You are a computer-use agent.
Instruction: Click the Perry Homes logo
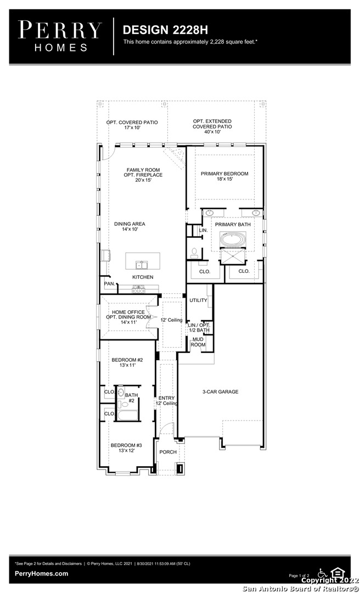tap(60, 36)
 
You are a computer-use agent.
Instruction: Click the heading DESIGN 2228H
tap(165, 30)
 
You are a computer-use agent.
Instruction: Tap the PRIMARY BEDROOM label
tap(224, 174)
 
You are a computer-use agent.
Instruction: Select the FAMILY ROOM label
tap(143, 170)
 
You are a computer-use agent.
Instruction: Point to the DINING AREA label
tap(130, 224)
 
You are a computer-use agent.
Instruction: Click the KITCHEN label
tap(143, 277)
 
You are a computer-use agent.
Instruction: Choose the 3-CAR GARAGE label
tap(221, 392)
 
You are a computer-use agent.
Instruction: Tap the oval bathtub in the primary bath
tap(233, 239)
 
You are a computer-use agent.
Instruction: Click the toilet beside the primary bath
tap(194, 253)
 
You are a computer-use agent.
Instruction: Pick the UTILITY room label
tap(198, 300)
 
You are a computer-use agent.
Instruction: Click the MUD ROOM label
tap(198, 342)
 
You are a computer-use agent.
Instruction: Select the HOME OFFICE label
tap(128, 312)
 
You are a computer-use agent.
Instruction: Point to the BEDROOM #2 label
tap(127, 360)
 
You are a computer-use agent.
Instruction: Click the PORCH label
tap(168, 452)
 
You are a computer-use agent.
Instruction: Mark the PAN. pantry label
tap(110, 284)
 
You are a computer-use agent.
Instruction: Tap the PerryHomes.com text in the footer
tap(42, 573)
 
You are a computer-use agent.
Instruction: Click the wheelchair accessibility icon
tap(323, 573)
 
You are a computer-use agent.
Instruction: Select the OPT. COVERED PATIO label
tap(132, 122)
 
